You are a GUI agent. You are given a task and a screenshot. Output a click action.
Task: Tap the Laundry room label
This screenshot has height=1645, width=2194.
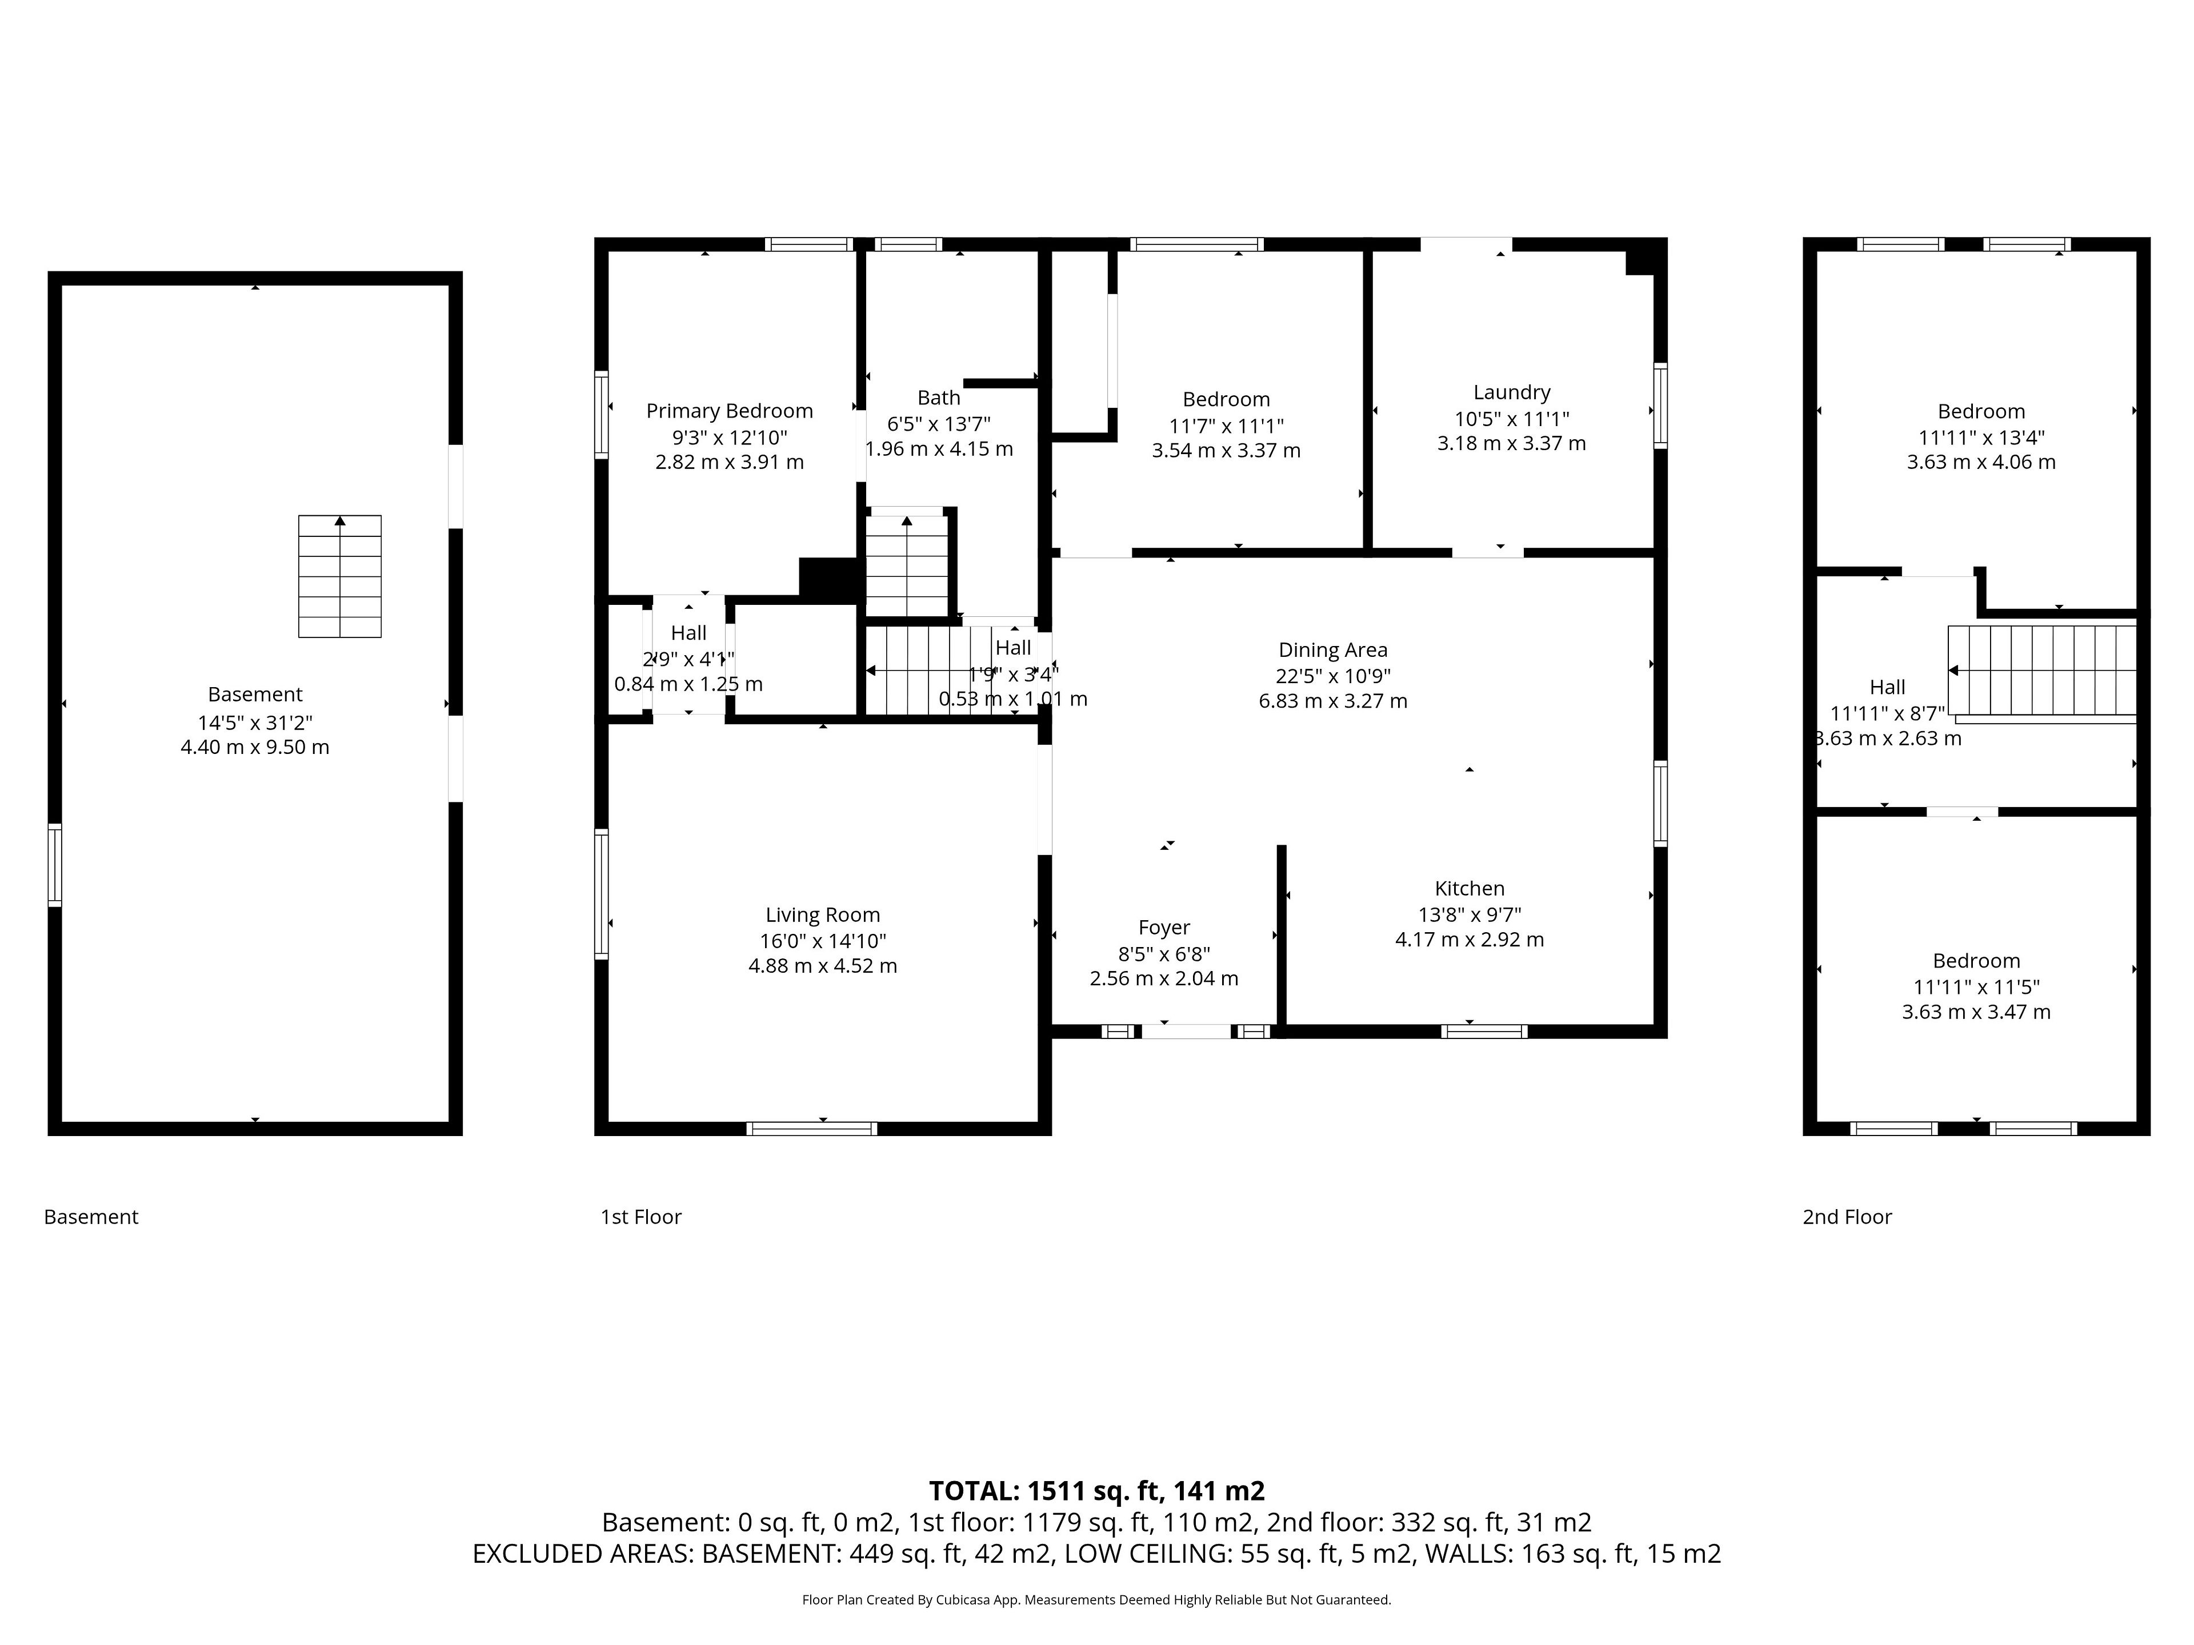click(1512, 392)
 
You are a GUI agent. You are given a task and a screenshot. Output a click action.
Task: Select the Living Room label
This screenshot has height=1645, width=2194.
click(822, 914)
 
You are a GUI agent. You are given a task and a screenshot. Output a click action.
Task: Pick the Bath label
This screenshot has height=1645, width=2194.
click(938, 398)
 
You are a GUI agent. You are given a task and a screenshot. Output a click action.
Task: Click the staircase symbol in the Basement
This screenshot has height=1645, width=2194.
click(340, 576)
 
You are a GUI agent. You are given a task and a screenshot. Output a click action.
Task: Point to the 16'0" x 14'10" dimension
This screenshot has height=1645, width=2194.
click(822, 940)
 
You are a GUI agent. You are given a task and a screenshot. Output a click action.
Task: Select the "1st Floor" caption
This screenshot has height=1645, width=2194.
click(640, 1217)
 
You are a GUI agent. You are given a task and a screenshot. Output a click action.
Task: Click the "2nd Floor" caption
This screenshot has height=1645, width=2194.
click(1847, 1217)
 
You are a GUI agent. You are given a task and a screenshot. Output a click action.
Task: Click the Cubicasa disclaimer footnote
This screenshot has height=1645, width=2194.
click(1096, 1599)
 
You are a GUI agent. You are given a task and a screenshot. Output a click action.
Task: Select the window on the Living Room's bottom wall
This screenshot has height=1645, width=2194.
click(811, 1129)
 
